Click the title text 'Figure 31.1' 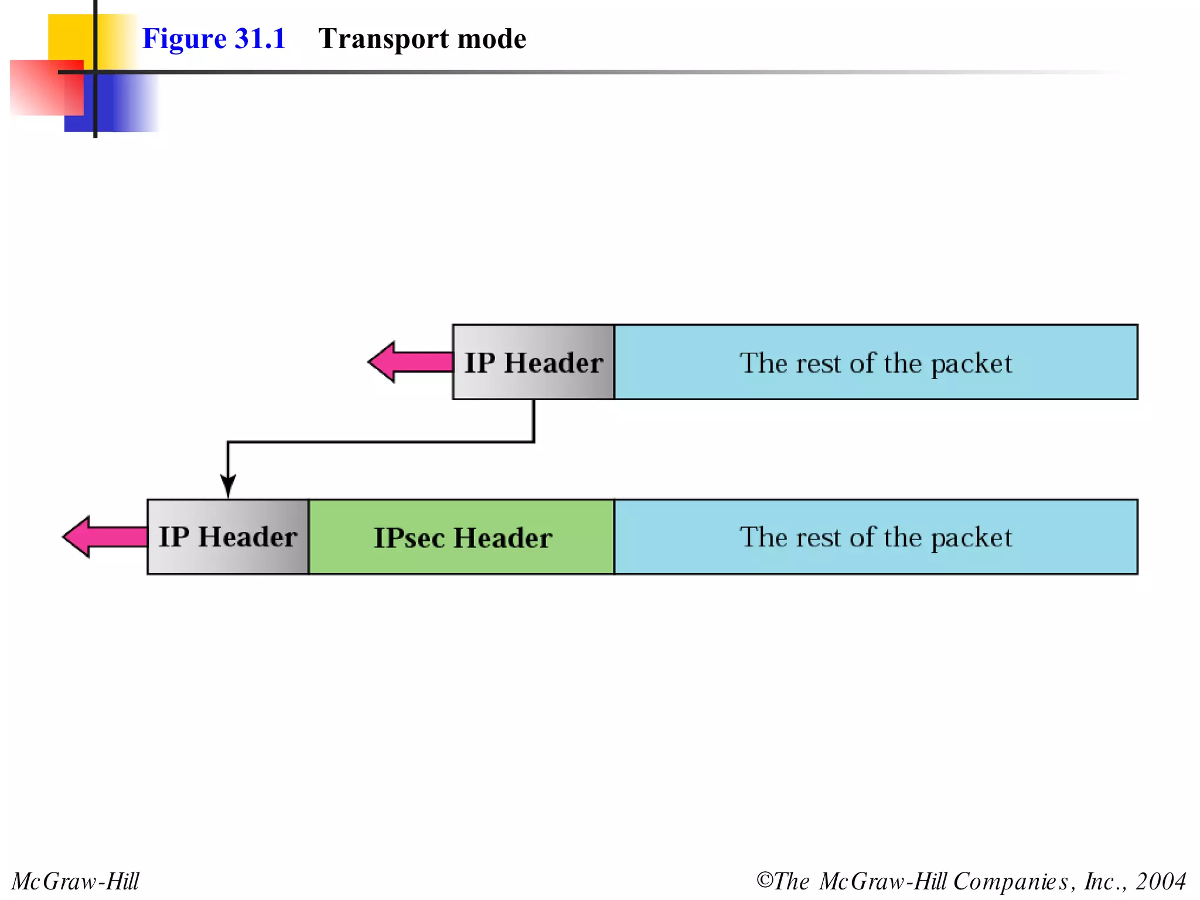pyautogui.click(x=214, y=39)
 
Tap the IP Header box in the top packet pyautogui.click(x=533, y=362)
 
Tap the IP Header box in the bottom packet pyautogui.click(x=228, y=537)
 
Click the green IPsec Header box pyautogui.click(x=462, y=537)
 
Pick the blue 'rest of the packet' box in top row pyautogui.click(x=875, y=362)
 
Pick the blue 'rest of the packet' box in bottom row pyautogui.click(x=875, y=537)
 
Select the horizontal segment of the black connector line pyautogui.click(x=381, y=442)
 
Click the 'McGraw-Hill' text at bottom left pyautogui.click(x=76, y=881)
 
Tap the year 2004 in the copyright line pyautogui.click(x=1161, y=881)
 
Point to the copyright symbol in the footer pyautogui.click(x=764, y=880)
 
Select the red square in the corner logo pyautogui.click(x=41, y=88)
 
